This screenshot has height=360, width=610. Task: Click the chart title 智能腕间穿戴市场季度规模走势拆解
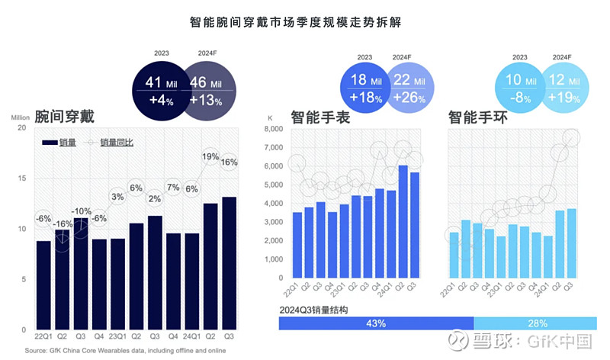click(x=305, y=22)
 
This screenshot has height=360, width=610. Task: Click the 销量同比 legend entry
click(x=111, y=143)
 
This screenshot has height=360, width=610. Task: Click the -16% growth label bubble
click(x=63, y=223)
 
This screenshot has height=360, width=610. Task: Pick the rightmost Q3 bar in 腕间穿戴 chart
click(x=229, y=262)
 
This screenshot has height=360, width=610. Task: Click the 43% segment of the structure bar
click(x=376, y=323)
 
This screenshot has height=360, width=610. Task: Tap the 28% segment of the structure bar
click(x=527, y=323)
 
